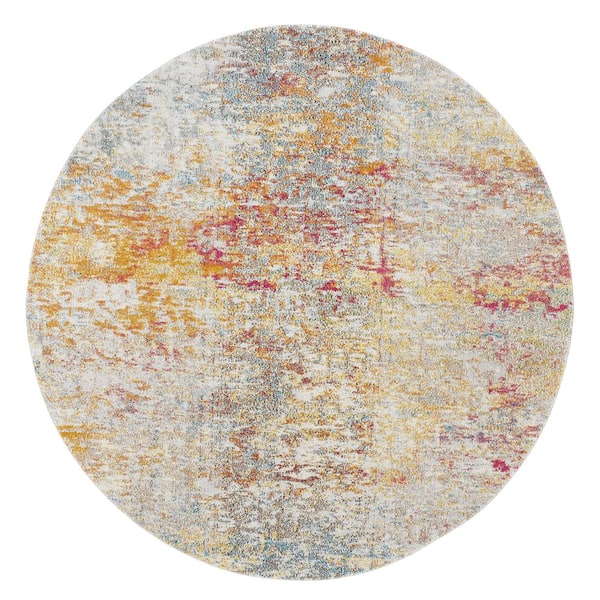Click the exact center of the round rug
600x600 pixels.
coord(300,300)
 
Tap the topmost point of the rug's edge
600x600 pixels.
coord(300,26)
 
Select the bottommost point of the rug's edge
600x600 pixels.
coord(300,574)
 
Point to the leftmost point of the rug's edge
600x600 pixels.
coord(27,300)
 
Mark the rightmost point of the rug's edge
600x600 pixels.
coord(574,300)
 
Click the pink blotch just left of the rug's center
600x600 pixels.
coord(215,255)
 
